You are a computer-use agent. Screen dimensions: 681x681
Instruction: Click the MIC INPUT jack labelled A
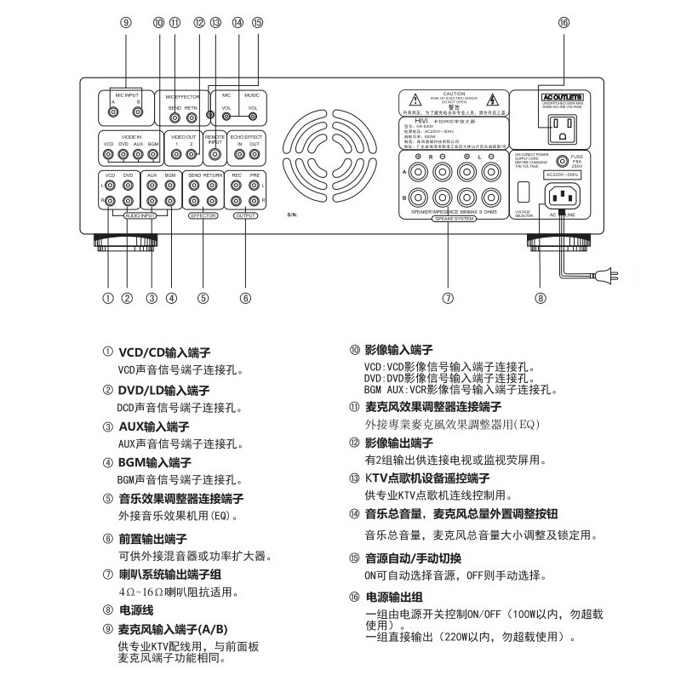[113, 111]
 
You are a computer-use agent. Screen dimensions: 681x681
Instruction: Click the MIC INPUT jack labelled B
[138, 111]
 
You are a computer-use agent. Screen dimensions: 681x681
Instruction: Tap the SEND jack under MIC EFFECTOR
[175, 117]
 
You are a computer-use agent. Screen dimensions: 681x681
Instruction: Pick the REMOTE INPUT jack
[215, 155]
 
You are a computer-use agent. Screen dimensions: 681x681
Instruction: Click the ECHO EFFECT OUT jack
[255, 155]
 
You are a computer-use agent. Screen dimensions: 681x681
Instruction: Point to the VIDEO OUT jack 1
[176, 155]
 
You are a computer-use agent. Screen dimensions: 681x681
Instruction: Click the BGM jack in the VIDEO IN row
[153, 155]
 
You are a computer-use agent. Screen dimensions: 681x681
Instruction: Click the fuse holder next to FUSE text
[562, 161]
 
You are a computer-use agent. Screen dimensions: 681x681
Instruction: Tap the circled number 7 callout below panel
[448, 298]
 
